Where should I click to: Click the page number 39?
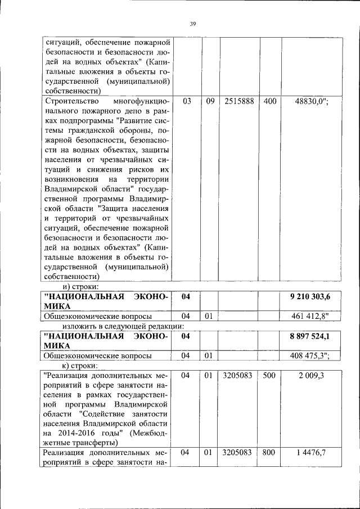pyautogui.click(x=192, y=24)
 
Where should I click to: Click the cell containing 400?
pyautogui.click(x=269, y=101)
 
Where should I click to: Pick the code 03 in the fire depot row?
pyautogui.click(x=187, y=101)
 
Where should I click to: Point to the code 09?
pyautogui.click(x=210, y=101)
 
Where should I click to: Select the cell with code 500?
pyautogui.click(x=269, y=376)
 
